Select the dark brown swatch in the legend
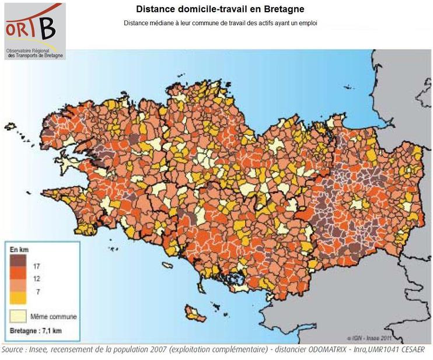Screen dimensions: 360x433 click(x=18, y=261)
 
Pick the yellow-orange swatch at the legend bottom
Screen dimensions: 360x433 click(x=18, y=297)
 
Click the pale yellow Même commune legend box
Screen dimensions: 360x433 click(x=18, y=316)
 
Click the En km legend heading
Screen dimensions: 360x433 click(x=19, y=249)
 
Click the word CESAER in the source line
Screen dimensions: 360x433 click(x=410, y=349)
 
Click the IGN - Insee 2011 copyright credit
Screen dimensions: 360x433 click(x=366, y=337)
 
